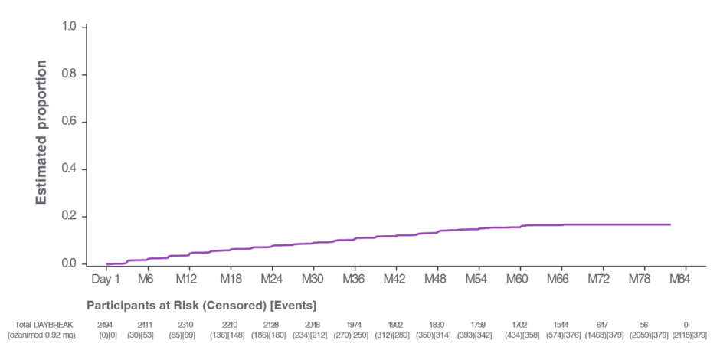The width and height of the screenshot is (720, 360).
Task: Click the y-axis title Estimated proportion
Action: point(42,132)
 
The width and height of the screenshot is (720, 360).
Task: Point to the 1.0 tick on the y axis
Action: point(69,28)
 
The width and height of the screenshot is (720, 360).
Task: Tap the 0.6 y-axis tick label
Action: point(69,122)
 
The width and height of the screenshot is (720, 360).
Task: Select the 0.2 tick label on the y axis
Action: point(69,217)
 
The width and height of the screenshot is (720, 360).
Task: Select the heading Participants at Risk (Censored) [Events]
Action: point(201,306)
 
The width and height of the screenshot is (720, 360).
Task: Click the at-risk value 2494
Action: point(106,326)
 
